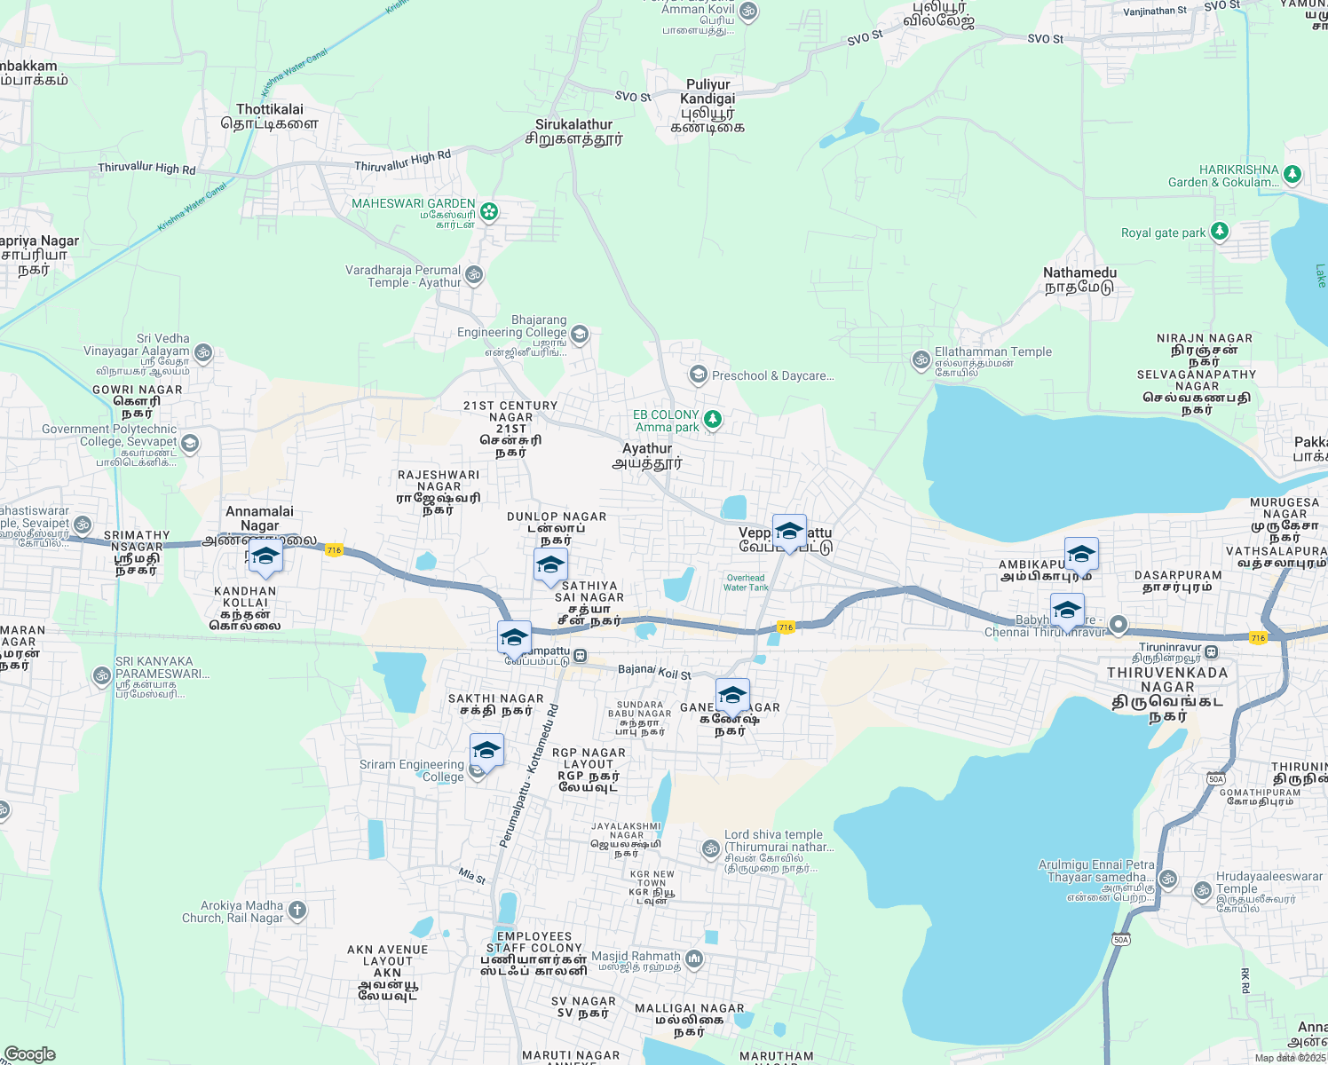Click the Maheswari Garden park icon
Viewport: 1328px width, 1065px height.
coord(489,212)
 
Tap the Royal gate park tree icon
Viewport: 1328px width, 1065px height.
coord(1220,233)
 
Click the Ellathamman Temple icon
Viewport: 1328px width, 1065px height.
coord(921,359)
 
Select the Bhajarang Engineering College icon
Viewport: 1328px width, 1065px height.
coord(580,335)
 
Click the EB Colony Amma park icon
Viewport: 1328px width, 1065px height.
coord(712,419)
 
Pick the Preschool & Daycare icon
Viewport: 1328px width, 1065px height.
coord(698,375)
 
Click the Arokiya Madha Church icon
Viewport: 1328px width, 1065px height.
coord(297,910)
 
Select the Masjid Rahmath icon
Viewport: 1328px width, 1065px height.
coord(694,958)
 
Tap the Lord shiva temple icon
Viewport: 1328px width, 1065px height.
coord(710,849)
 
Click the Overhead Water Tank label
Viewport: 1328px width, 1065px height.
coord(746,583)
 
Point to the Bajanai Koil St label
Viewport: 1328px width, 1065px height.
coord(654,672)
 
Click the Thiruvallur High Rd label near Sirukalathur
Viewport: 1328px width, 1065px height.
coord(402,162)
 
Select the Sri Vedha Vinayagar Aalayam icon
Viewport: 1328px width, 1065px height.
coord(203,353)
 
